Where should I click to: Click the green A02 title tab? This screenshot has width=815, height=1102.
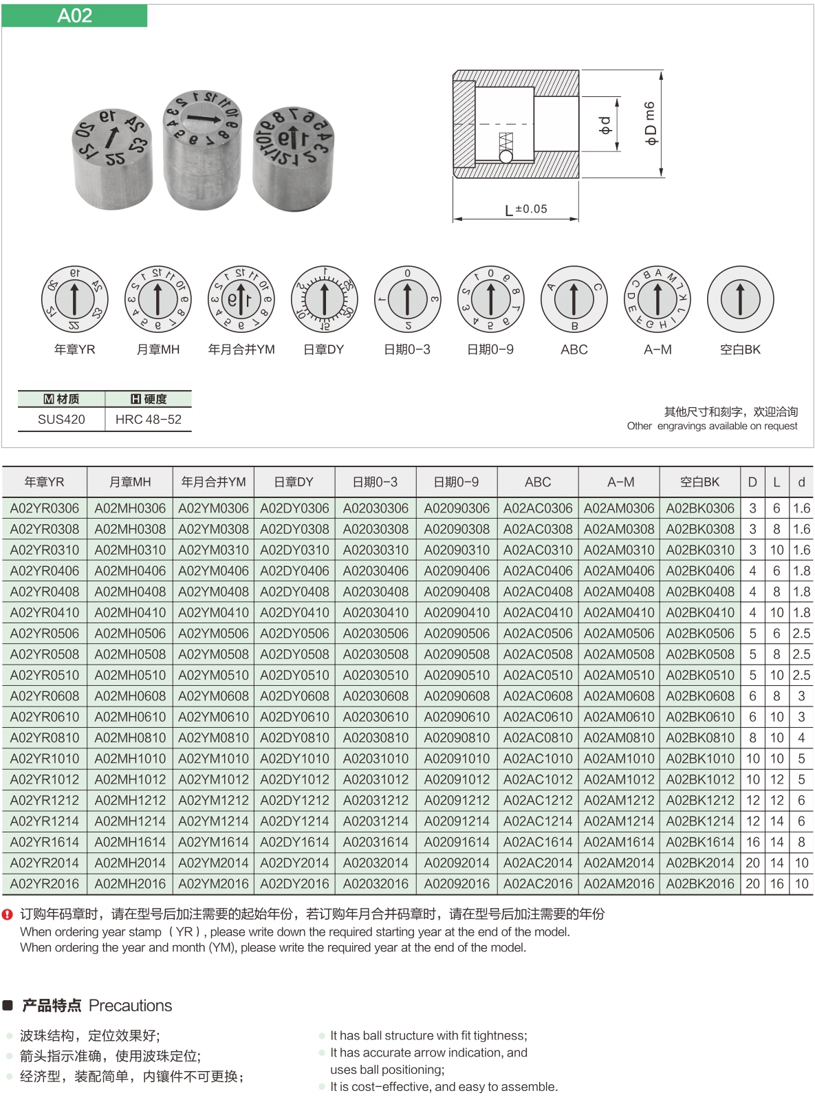(74, 16)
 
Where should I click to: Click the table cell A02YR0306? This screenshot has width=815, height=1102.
(45, 508)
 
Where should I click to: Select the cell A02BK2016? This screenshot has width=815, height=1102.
(700, 884)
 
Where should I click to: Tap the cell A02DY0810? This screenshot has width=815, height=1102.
(294, 738)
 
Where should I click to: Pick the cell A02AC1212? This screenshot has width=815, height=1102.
(538, 801)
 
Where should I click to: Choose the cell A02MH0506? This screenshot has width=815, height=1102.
(130, 634)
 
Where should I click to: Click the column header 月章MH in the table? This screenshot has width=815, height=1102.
(130, 482)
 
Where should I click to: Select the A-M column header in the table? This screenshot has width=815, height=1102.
(620, 482)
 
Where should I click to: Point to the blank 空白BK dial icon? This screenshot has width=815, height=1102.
(740, 300)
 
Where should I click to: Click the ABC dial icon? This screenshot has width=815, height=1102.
(574, 300)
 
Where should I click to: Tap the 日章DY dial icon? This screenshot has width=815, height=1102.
(325, 300)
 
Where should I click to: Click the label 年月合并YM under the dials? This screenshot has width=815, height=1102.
(241, 349)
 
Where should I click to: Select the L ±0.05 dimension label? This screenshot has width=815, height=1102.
(526, 209)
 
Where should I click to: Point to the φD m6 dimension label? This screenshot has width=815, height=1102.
(650, 123)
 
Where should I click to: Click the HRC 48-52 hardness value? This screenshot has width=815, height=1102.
(149, 420)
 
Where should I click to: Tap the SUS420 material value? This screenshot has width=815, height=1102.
(61, 420)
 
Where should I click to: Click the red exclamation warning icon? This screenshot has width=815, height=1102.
(8, 915)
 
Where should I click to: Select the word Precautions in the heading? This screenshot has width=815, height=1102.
(131, 1006)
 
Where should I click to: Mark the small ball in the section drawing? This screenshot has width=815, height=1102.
(506, 157)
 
